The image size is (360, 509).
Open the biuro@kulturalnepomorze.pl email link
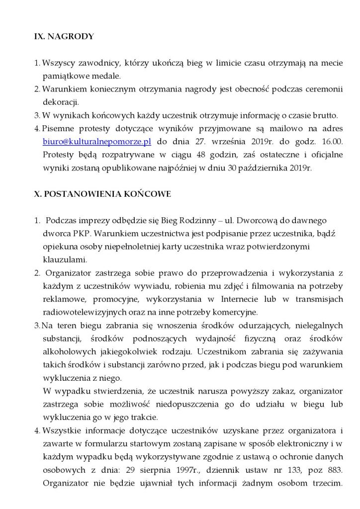coord(97,142)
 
